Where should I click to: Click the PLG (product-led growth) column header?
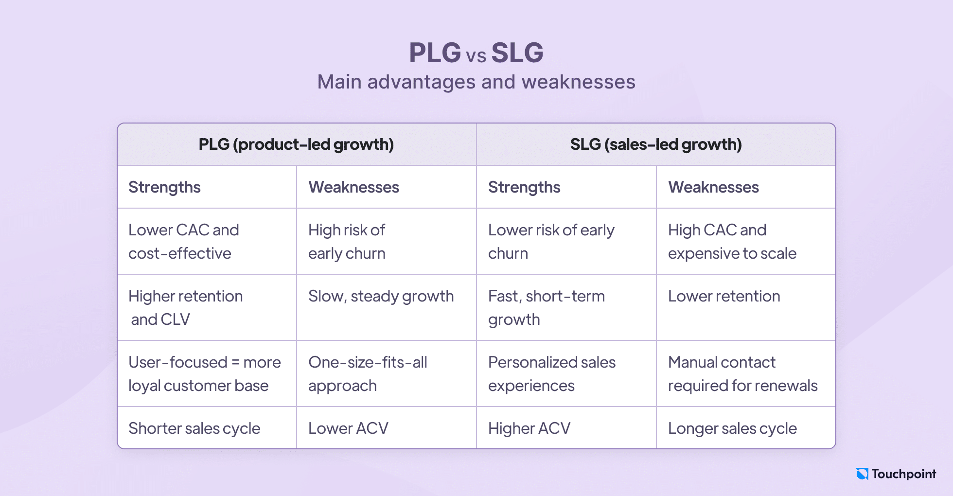296,144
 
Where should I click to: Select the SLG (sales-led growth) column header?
656,144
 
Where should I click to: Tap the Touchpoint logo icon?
862,474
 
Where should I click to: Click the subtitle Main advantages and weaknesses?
476,82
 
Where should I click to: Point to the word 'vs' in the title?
476,56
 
